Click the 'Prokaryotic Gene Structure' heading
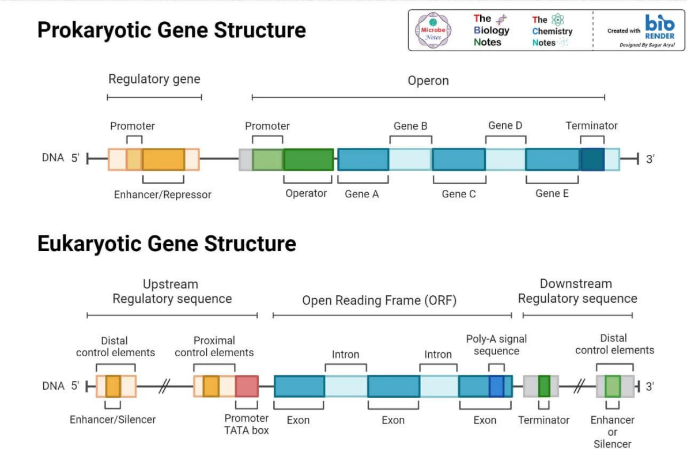click(x=171, y=30)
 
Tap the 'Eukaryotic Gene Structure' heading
click(x=167, y=244)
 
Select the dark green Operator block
click(x=308, y=159)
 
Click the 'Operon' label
click(x=428, y=81)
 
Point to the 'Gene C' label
click(x=459, y=194)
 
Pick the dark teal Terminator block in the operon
click(x=592, y=159)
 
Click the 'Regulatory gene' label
click(x=154, y=79)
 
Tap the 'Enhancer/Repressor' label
click(x=163, y=195)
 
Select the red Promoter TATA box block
click(x=247, y=386)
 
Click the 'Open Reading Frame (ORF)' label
click(x=379, y=300)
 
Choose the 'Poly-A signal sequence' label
click(x=496, y=345)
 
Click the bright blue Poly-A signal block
click(x=496, y=386)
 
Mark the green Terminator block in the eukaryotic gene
click(x=544, y=386)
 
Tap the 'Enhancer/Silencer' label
click(x=112, y=420)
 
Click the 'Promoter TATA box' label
click(x=247, y=424)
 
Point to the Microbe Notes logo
click(x=433, y=31)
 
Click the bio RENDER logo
click(x=659, y=26)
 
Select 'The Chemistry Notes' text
click(x=552, y=31)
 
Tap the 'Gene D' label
click(x=505, y=125)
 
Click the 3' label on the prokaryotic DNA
click(x=650, y=159)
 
